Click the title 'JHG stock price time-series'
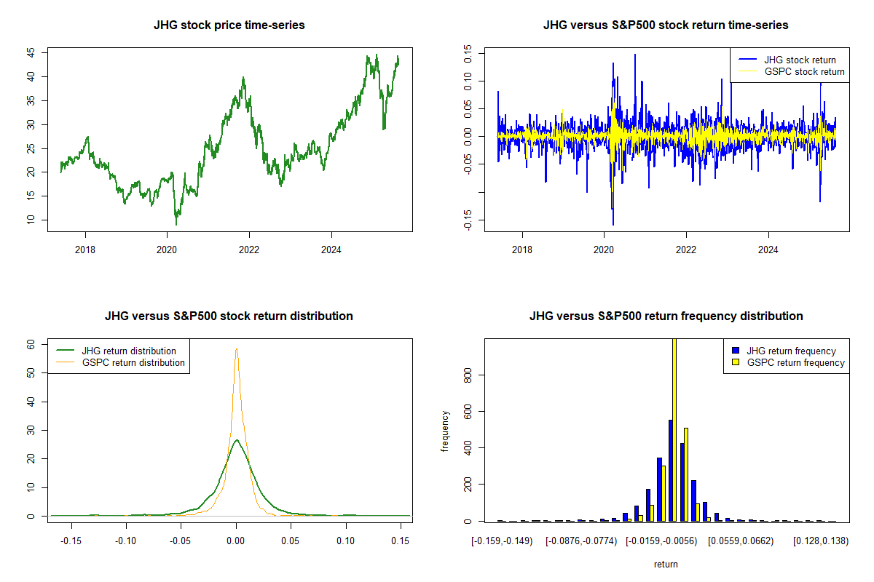coord(229,25)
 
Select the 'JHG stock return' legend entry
coord(800,60)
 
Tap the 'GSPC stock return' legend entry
coord(804,71)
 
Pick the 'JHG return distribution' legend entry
coord(129,351)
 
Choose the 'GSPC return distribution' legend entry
coord(133,362)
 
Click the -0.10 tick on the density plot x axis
coord(126,541)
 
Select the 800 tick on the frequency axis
coord(468,375)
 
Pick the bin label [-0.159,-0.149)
coord(503,541)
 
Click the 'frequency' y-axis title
coord(446,431)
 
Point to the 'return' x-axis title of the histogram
coord(666,564)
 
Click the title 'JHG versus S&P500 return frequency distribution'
coord(666,316)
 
